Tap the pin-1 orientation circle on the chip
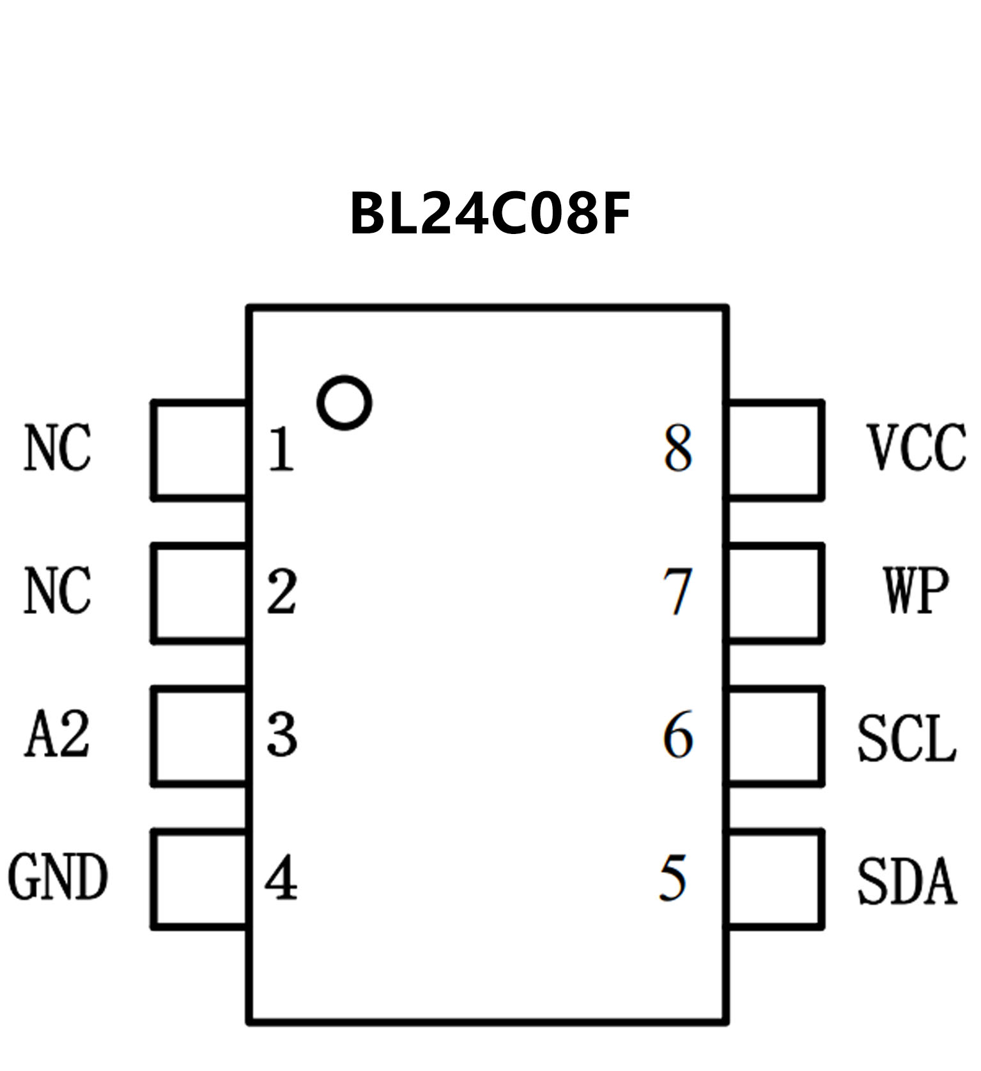tap(344, 403)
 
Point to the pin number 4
tap(281, 879)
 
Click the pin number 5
tap(673, 879)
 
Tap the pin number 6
tap(677, 735)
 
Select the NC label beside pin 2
tap(58, 591)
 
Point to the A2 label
tap(57, 735)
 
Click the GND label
tap(58, 878)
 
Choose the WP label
tap(916, 591)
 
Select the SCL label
tap(906, 739)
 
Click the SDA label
tap(906, 882)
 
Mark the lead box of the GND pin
tap(200, 879)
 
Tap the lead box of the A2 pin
tap(200, 735)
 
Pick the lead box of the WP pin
tap(774, 593)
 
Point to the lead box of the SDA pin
tap(774, 879)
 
